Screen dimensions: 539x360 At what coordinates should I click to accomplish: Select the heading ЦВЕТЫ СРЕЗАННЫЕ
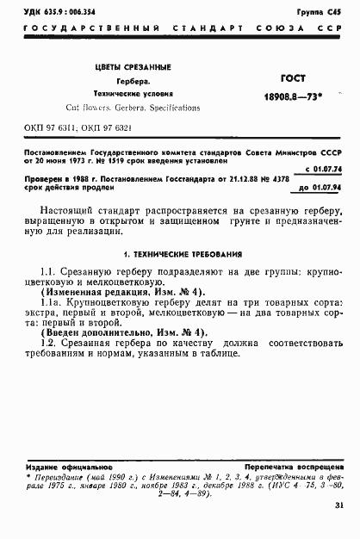click(x=133, y=67)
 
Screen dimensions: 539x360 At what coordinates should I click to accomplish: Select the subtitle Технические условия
click(x=133, y=94)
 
